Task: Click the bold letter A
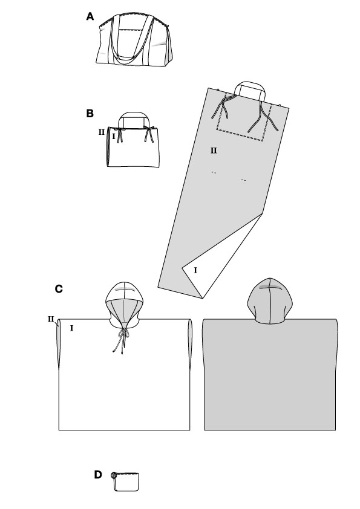click(x=90, y=16)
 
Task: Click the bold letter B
click(x=90, y=114)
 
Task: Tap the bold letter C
click(x=59, y=289)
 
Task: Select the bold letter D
click(x=98, y=475)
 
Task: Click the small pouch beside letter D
click(x=125, y=482)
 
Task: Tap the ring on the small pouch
click(x=113, y=476)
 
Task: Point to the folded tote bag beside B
click(x=133, y=140)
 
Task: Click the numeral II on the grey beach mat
click(x=214, y=151)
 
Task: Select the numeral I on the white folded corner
click(x=195, y=270)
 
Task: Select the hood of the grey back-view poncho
click(x=270, y=301)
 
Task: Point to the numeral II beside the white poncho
click(x=51, y=319)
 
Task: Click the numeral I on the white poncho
click(x=71, y=328)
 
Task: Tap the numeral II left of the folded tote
click(x=102, y=132)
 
